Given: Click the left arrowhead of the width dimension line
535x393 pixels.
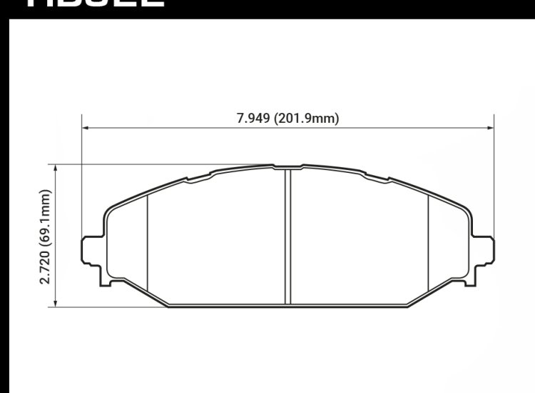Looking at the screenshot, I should [x=85, y=129].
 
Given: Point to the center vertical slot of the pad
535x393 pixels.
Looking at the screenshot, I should [x=287, y=236].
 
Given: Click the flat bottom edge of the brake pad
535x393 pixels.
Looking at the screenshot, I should [x=287, y=307].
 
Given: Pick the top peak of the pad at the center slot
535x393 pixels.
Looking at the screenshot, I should [x=287, y=167].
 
